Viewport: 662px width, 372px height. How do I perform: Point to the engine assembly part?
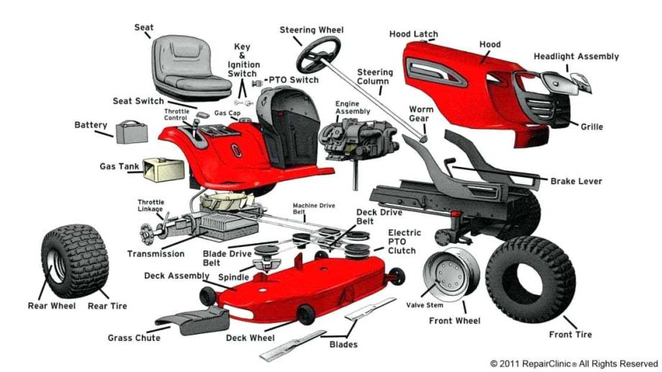(x=358, y=136)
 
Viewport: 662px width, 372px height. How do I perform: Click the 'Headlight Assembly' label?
(x=576, y=57)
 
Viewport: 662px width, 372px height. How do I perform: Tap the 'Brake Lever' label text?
(x=576, y=181)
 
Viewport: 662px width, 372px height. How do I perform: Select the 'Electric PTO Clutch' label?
(x=405, y=242)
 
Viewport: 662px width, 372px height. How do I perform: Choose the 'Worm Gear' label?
(x=421, y=113)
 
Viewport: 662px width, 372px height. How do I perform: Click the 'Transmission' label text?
(x=155, y=254)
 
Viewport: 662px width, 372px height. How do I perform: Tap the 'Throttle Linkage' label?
(x=150, y=206)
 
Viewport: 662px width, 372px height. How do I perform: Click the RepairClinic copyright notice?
(x=573, y=363)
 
